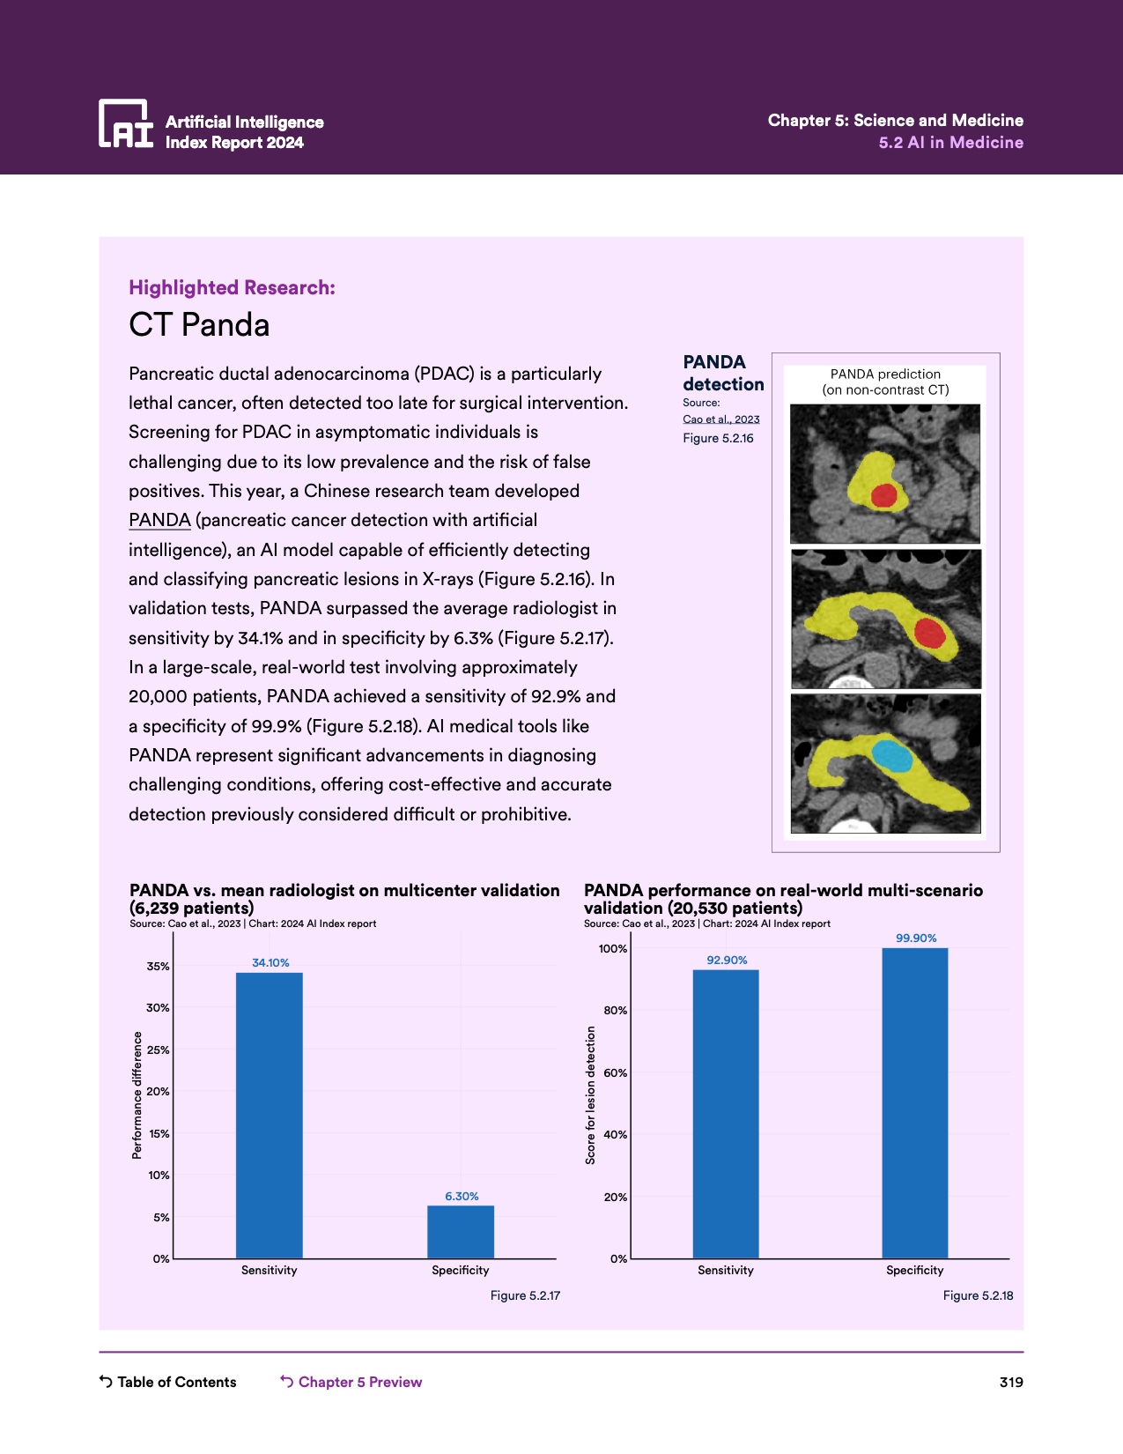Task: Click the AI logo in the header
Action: (126, 123)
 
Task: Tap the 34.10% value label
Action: (270, 962)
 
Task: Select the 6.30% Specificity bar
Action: (461, 1231)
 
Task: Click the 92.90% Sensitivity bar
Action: (726, 1114)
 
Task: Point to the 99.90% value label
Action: (916, 938)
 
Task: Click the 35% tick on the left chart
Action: (159, 966)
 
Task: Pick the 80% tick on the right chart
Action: (616, 1011)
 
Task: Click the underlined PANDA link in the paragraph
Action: (159, 520)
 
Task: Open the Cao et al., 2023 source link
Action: (721, 419)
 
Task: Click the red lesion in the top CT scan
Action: (883, 495)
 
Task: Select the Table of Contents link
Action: (167, 1382)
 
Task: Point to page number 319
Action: (1011, 1382)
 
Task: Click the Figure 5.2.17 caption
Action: (525, 1295)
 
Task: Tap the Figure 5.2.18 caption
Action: (978, 1295)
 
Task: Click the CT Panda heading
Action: (199, 325)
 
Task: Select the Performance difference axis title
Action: (137, 1095)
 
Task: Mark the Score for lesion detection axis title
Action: (590, 1095)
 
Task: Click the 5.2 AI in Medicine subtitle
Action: (950, 143)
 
